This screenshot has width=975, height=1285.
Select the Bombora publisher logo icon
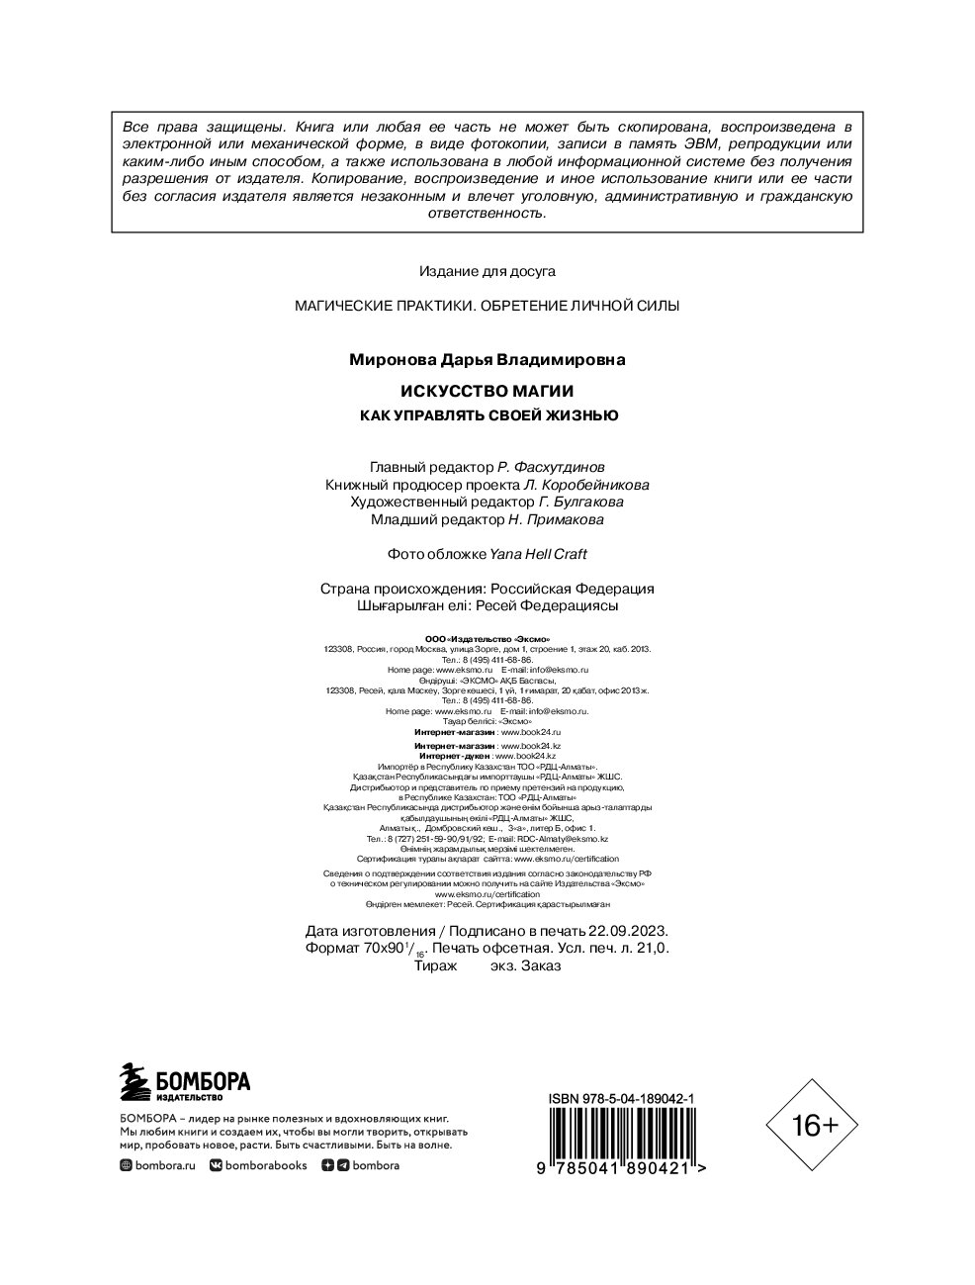tap(134, 1083)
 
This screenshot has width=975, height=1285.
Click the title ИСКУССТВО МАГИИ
tap(487, 392)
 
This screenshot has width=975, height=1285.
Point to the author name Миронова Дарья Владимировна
tap(487, 360)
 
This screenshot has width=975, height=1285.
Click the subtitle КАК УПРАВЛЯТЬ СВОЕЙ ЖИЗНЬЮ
tap(487, 415)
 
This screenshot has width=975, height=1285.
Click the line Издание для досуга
tap(487, 270)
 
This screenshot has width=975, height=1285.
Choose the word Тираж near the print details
tap(440, 965)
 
